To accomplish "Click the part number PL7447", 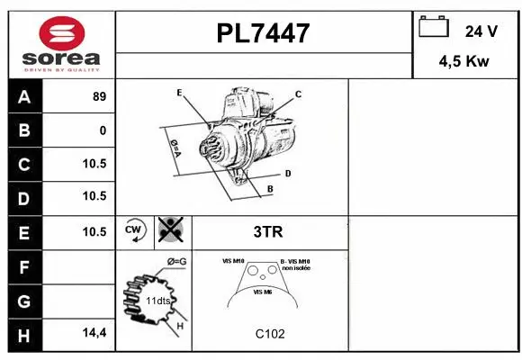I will pyautogui.click(x=263, y=33).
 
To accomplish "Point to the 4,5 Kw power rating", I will pyautogui.click(x=463, y=62).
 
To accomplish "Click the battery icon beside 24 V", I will pyautogui.click(x=434, y=28).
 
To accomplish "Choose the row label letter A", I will pyautogui.click(x=24, y=97).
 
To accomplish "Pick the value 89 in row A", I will pyautogui.click(x=99, y=97).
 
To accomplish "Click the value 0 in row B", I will pyautogui.click(x=103, y=130).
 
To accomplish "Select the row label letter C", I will pyautogui.click(x=24, y=164).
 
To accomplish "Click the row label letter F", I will pyautogui.click(x=24, y=266).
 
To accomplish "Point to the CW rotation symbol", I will pyautogui.click(x=135, y=230).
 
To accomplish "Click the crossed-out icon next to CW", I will pyautogui.click(x=168, y=230).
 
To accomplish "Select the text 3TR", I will pyautogui.click(x=269, y=231).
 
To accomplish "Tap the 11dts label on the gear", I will pyautogui.click(x=158, y=300).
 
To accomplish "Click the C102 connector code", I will pyautogui.click(x=269, y=334).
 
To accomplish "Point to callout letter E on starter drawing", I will pyautogui.click(x=180, y=93).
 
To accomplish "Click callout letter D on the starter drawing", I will pyautogui.click(x=287, y=173).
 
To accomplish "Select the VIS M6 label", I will pyautogui.click(x=263, y=292).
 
